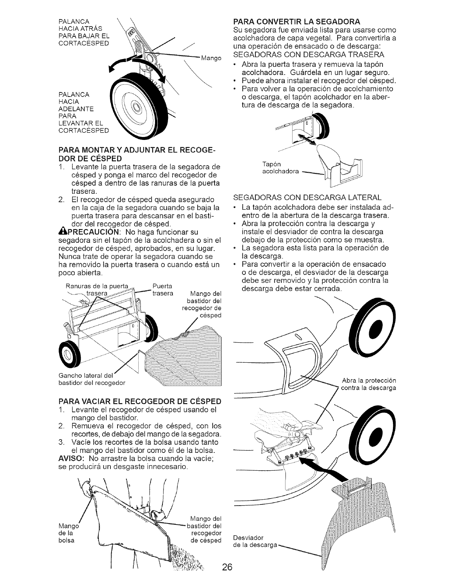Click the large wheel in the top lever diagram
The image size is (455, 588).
[x=135, y=108]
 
